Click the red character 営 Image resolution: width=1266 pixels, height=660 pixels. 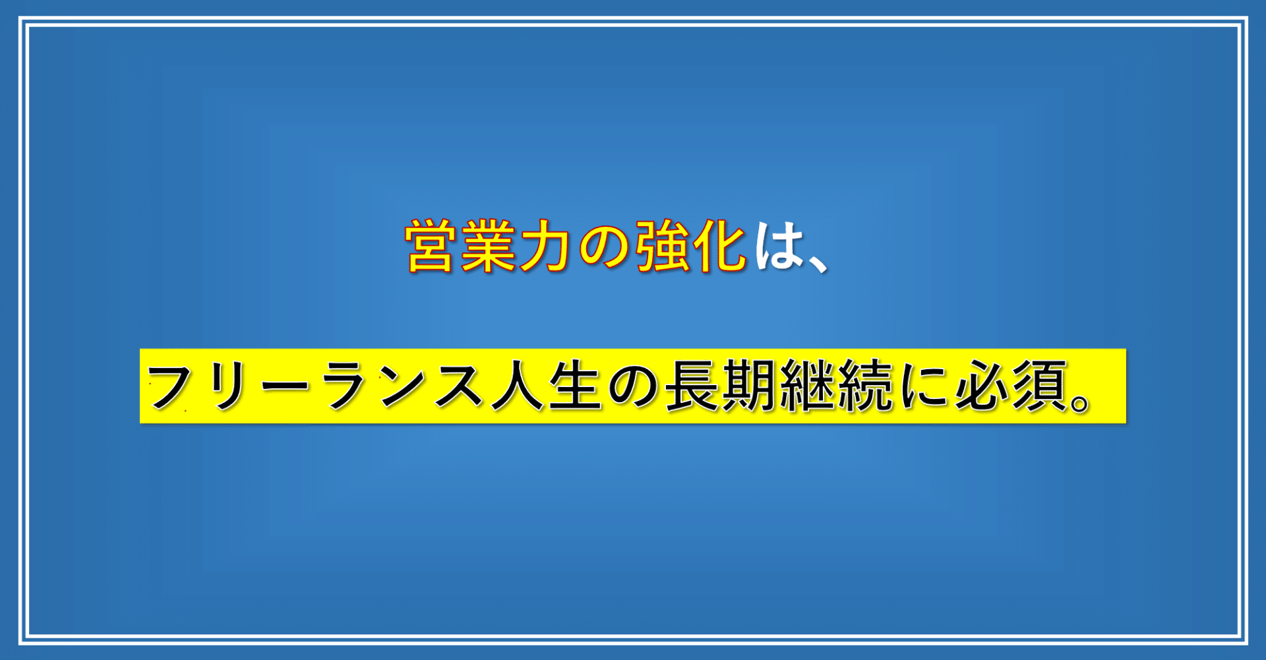point(429,246)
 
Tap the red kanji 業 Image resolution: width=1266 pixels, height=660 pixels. point(487,246)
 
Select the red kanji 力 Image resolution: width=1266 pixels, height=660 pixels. point(545,246)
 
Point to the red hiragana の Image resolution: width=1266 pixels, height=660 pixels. point(602,247)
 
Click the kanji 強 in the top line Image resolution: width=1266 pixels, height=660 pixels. point(660,246)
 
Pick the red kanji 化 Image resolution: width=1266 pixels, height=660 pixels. point(718,246)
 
